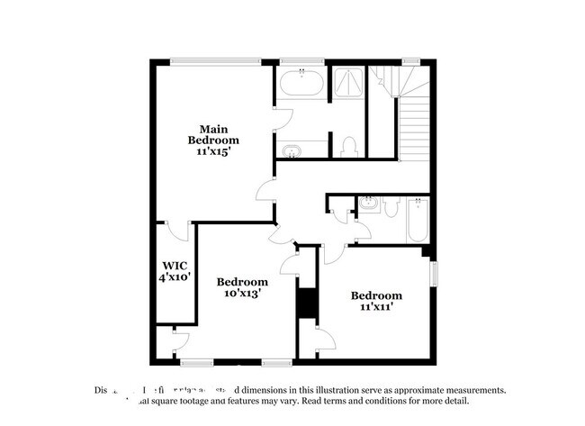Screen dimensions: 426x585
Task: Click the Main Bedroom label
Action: (x=213, y=134)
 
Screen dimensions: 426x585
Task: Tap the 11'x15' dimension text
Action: (x=213, y=153)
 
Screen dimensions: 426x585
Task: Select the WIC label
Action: (x=174, y=266)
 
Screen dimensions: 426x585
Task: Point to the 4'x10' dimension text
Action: (x=174, y=278)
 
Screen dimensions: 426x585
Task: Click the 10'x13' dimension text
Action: (x=242, y=293)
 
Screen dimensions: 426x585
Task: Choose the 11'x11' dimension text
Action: (x=376, y=307)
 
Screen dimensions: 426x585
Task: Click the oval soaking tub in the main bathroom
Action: (x=301, y=86)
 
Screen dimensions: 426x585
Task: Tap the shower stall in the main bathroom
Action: (x=345, y=84)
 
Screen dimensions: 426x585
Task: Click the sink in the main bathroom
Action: (x=293, y=150)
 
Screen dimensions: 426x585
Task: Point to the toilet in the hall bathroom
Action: (x=391, y=208)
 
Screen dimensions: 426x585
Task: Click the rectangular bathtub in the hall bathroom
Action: (x=418, y=218)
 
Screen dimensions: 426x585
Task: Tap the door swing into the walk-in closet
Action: (x=184, y=231)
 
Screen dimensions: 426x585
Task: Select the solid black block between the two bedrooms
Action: (x=306, y=302)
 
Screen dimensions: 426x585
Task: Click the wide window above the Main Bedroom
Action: (x=220, y=61)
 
